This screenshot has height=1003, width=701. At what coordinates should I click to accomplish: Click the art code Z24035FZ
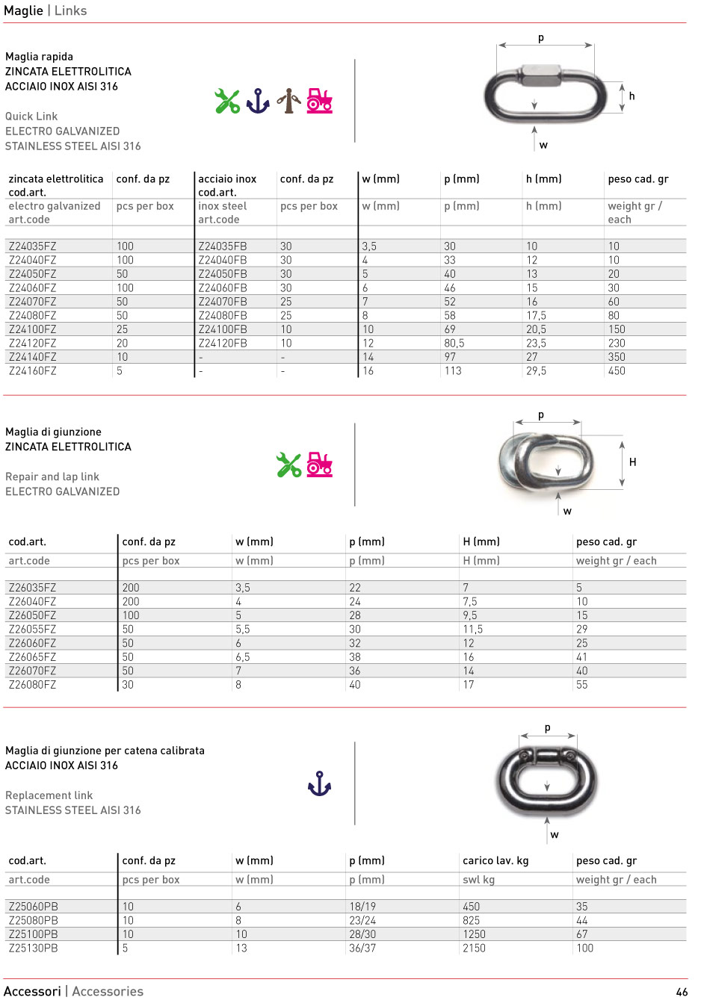[x=32, y=246]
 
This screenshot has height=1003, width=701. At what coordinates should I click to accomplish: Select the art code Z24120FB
[x=222, y=344]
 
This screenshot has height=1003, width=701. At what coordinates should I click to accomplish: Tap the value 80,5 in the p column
[x=454, y=344]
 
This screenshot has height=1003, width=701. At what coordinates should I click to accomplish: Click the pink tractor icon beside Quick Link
[x=319, y=101]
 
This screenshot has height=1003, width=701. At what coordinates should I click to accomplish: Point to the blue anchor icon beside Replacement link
[x=319, y=783]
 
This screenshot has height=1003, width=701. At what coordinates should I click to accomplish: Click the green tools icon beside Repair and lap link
[x=288, y=465]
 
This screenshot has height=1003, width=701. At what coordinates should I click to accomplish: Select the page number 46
[x=681, y=992]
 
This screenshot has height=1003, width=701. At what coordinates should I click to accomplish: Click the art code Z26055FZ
[x=32, y=630]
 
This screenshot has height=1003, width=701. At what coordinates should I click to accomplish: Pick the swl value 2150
[x=474, y=948]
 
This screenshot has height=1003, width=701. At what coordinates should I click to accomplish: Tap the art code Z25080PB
[x=33, y=921]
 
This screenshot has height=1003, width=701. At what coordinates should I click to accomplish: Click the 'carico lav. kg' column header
[x=495, y=860]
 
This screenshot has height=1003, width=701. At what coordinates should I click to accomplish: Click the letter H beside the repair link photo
[x=632, y=462]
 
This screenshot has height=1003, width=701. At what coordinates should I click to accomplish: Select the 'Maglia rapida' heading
[x=39, y=57]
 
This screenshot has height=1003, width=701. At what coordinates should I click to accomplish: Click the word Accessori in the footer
[x=32, y=991]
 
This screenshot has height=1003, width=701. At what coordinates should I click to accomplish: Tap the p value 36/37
[x=362, y=948]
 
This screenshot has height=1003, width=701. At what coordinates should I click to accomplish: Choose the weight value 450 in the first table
[x=617, y=371]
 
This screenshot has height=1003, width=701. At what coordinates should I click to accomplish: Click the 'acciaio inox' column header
[x=227, y=179]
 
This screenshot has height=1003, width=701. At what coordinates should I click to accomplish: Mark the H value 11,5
[x=472, y=630]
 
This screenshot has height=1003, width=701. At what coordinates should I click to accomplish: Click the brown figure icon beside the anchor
[x=288, y=101]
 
